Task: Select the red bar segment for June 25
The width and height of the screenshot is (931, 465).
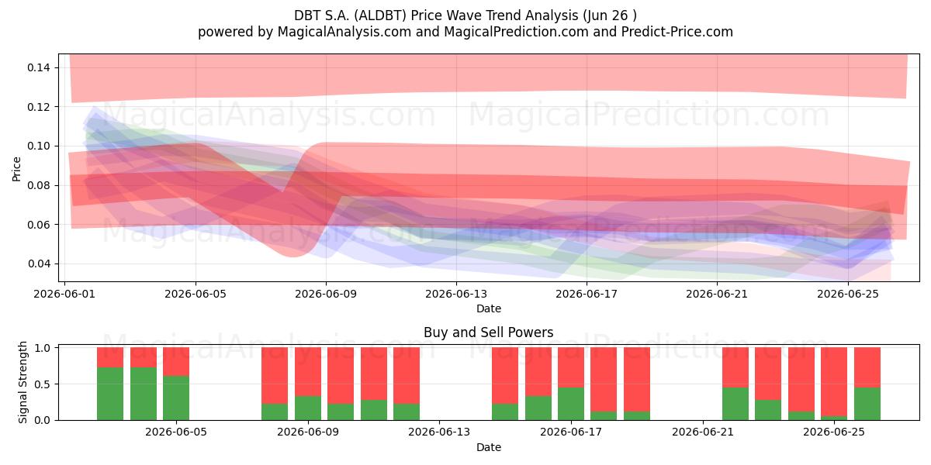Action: coord(834,381)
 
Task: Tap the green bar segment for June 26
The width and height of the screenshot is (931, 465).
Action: coord(867,404)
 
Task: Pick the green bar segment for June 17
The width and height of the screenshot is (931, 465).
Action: coord(571,404)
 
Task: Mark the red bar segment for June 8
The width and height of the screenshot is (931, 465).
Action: coord(275,375)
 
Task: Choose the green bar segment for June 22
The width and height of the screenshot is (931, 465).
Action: coord(735,404)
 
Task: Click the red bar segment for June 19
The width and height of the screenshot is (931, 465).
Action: coord(637,380)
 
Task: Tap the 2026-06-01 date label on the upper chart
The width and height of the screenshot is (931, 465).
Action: coord(64,294)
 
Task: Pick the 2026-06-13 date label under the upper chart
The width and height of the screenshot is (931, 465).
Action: coord(456,294)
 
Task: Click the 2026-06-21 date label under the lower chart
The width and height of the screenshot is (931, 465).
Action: coord(703,432)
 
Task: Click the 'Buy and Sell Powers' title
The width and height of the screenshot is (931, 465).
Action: coord(488,332)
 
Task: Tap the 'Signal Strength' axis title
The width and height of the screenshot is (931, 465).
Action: coord(22,382)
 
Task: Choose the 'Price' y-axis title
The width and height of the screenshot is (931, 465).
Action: coord(16,170)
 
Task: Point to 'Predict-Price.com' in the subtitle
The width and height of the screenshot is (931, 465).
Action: coord(677,32)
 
